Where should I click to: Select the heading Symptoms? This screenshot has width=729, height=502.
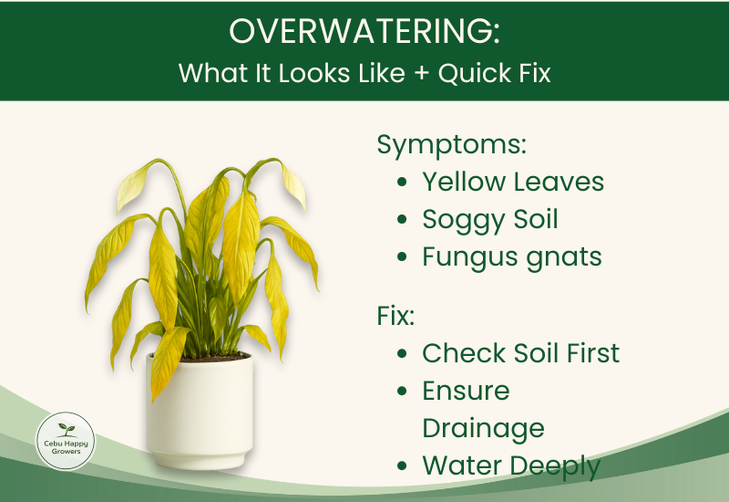click(452, 144)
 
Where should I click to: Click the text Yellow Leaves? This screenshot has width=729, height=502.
click(513, 182)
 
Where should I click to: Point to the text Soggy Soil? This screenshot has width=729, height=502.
click(490, 219)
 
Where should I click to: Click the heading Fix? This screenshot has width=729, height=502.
click(395, 316)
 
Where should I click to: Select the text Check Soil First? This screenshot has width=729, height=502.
click(520, 353)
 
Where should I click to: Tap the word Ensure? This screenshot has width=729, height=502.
click(466, 391)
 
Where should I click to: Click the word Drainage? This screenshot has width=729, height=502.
click(483, 428)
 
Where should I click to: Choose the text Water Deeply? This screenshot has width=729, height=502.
click(511, 465)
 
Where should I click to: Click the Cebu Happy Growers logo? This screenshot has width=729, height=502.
click(65, 440)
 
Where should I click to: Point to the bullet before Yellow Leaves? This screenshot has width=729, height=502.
click(403, 183)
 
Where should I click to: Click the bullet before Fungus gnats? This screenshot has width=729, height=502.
click(403, 257)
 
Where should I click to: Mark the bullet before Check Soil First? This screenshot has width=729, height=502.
click(403, 354)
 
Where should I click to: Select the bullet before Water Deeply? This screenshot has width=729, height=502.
click(403, 466)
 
